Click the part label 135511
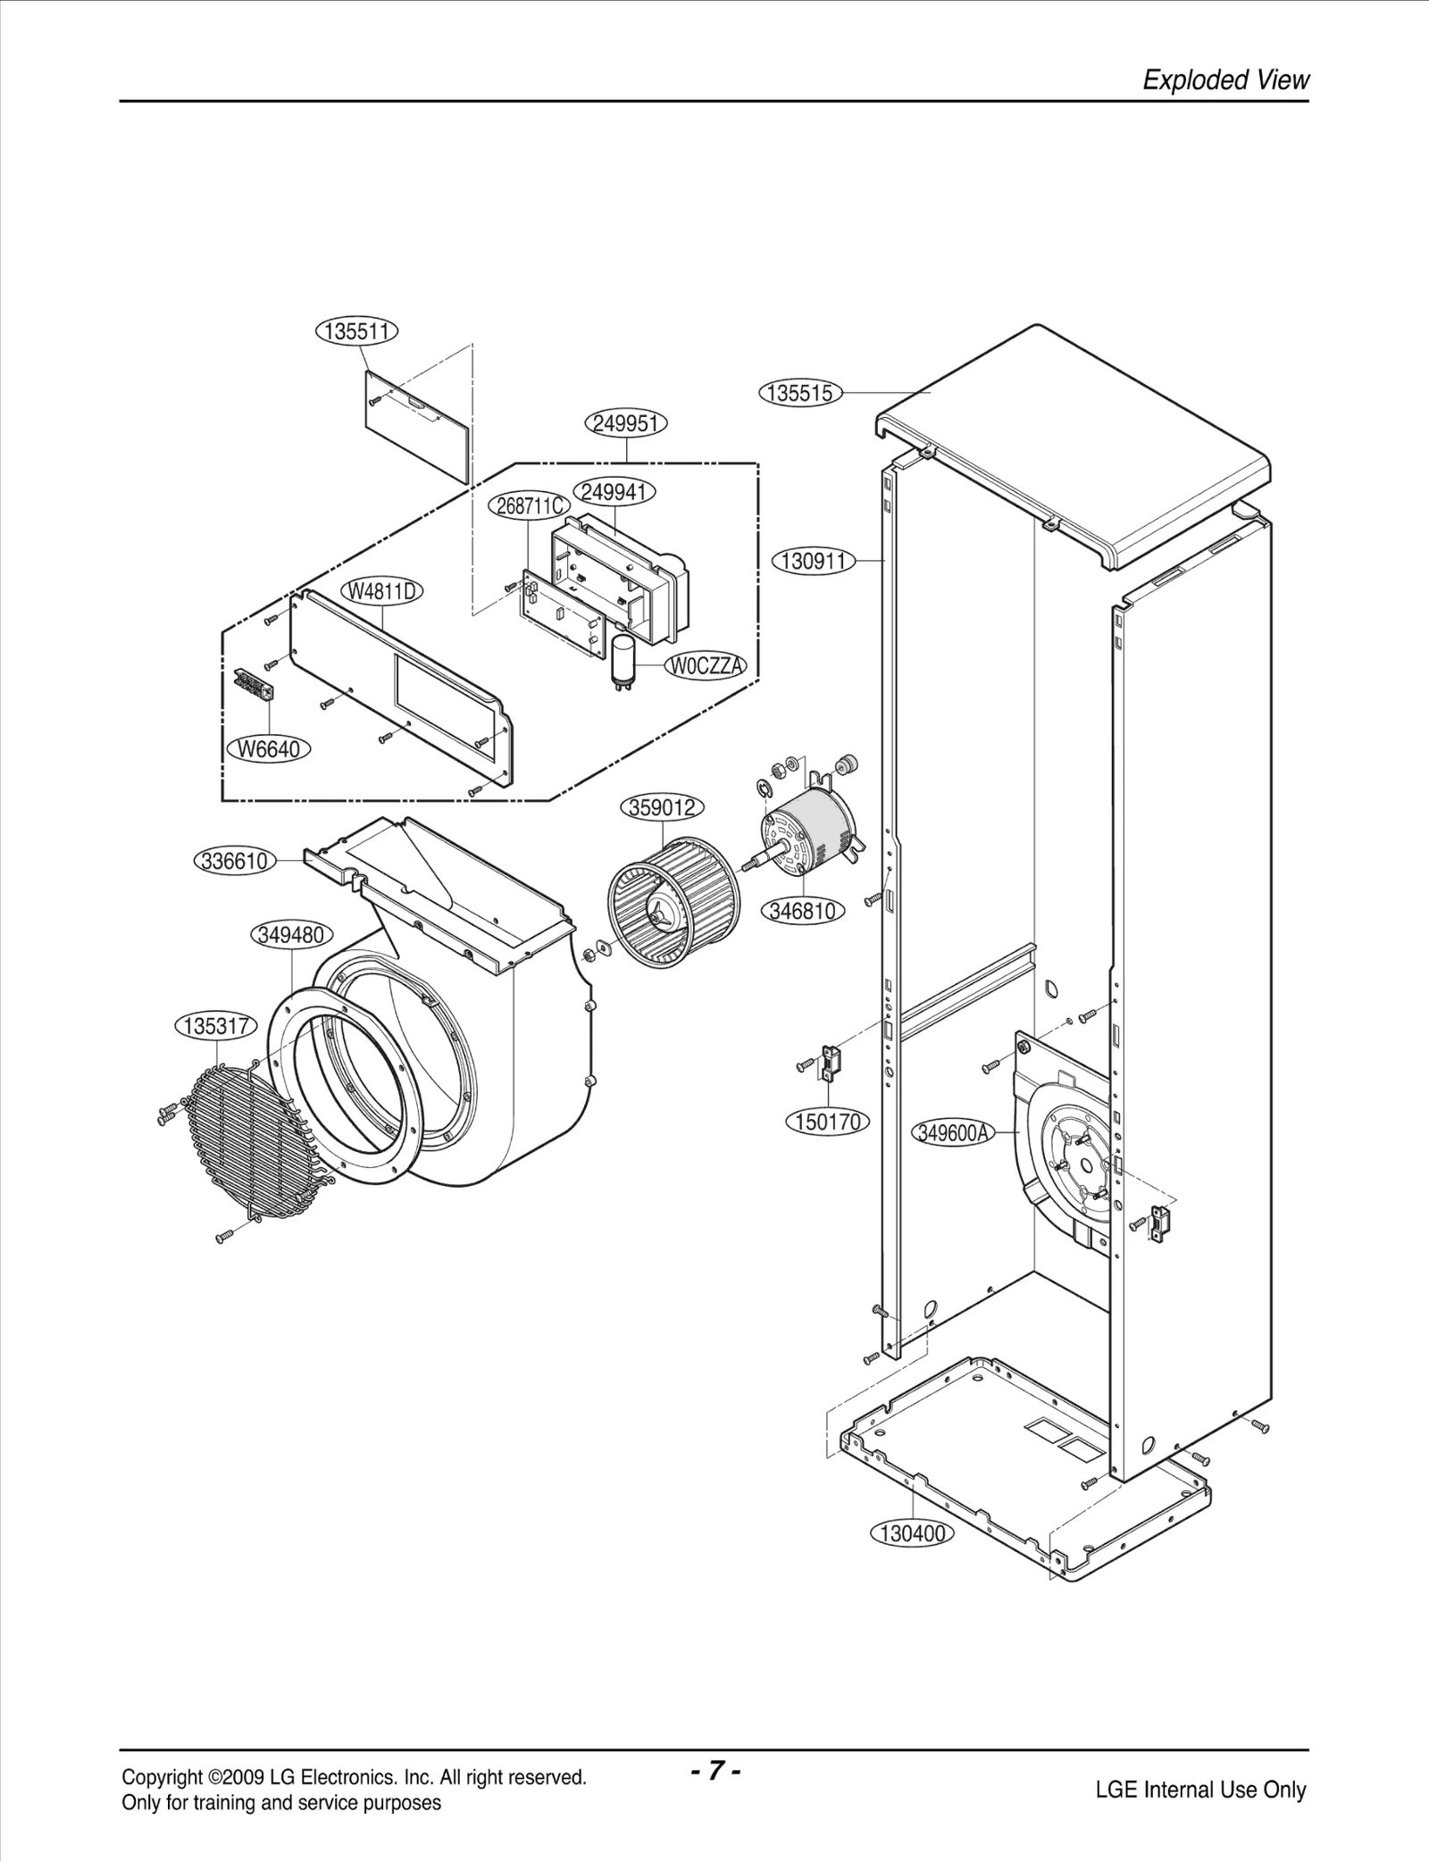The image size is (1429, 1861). point(357,331)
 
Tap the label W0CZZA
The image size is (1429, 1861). point(706,666)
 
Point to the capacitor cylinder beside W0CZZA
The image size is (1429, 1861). point(622,659)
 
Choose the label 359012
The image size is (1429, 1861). point(662,808)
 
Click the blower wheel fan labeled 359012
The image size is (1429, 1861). point(674,904)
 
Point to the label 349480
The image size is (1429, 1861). point(291,935)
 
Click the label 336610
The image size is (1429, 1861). point(235,862)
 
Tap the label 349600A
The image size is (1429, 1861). point(953,1133)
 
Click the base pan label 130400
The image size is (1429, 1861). point(912,1534)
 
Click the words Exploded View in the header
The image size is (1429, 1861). point(1225,80)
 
